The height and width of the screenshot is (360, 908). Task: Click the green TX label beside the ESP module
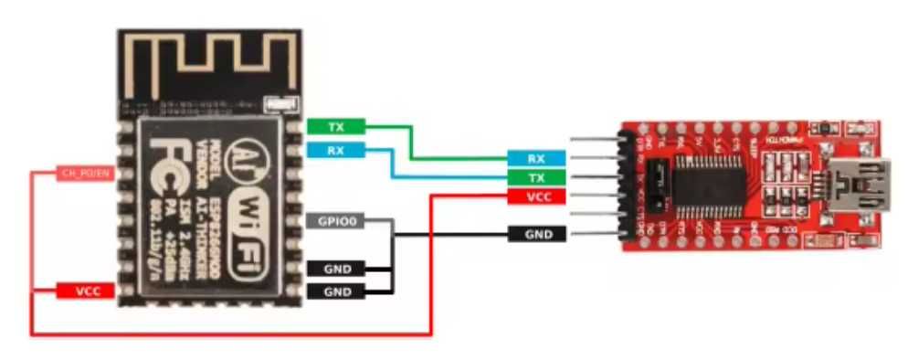click(335, 126)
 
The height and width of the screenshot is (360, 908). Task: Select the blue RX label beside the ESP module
click(335, 150)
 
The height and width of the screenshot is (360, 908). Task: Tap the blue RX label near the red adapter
click(536, 159)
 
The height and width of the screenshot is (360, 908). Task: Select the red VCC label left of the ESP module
click(85, 291)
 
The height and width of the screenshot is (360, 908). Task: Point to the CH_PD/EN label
click(85, 174)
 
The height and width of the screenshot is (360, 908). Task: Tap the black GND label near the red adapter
click(536, 235)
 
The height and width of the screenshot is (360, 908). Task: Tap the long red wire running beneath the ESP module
click(228, 334)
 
